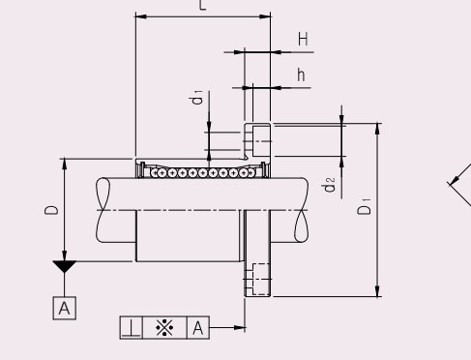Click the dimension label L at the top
202,5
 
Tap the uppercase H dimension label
303,39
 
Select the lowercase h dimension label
301,75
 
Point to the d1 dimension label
197,97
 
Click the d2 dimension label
329,185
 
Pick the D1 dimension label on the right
365,206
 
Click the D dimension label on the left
51,210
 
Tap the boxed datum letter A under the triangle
65,309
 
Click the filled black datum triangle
65,266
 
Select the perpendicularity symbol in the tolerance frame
131,328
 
